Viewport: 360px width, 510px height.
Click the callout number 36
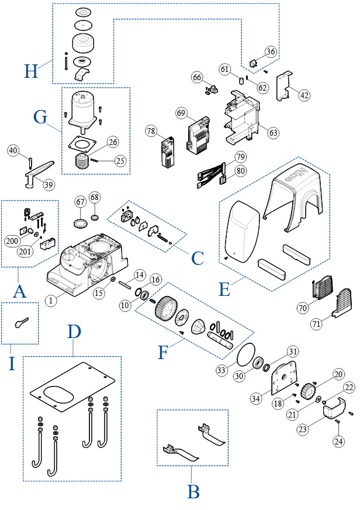click(x=271, y=51)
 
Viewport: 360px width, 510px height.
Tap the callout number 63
click(x=272, y=132)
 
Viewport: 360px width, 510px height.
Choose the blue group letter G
click(x=40, y=117)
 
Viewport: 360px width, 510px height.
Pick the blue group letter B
click(x=193, y=492)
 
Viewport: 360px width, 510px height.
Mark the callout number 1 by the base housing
click(x=52, y=300)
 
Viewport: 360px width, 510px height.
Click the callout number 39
click(x=48, y=185)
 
